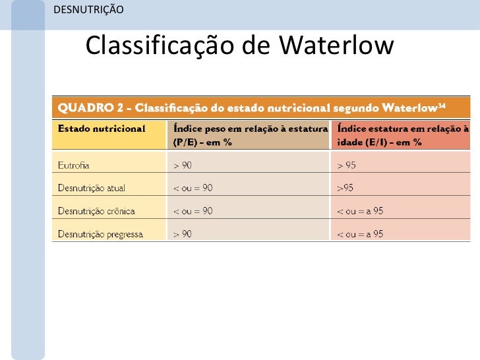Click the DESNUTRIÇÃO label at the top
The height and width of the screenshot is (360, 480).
click(x=86, y=9)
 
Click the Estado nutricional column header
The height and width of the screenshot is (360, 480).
click(x=102, y=129)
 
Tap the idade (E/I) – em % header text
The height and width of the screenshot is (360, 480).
click(x=379, y=142)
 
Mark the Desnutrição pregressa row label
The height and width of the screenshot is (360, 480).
click(x=100, y=234)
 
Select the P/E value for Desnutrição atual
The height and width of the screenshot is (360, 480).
click(x=193, y=188)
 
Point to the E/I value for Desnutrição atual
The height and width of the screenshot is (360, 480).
click(x=345, y=188)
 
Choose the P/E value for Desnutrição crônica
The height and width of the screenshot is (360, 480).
click(x=193, y=211)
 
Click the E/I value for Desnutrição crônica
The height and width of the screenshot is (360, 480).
click(x=360, y=211)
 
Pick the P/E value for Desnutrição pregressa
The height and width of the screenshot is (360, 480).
click(x=183, y=234)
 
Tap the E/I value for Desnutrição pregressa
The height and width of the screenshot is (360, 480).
click(x=360, y=234)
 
